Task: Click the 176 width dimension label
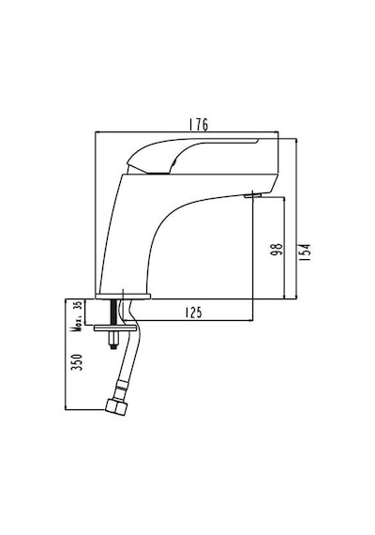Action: tap(199, 125)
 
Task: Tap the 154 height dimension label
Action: tap(306, 252)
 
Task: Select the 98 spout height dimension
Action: tap(277, 250)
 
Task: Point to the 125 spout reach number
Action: tap(194, 313)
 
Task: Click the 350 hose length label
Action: tap(76, 362)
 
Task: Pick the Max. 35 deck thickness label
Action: tap(77, 316)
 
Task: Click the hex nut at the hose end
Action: tap(116, 406)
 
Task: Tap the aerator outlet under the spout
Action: tap(252, 195)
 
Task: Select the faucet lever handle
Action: tap(192, 155)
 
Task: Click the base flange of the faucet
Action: tap(123, 297)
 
